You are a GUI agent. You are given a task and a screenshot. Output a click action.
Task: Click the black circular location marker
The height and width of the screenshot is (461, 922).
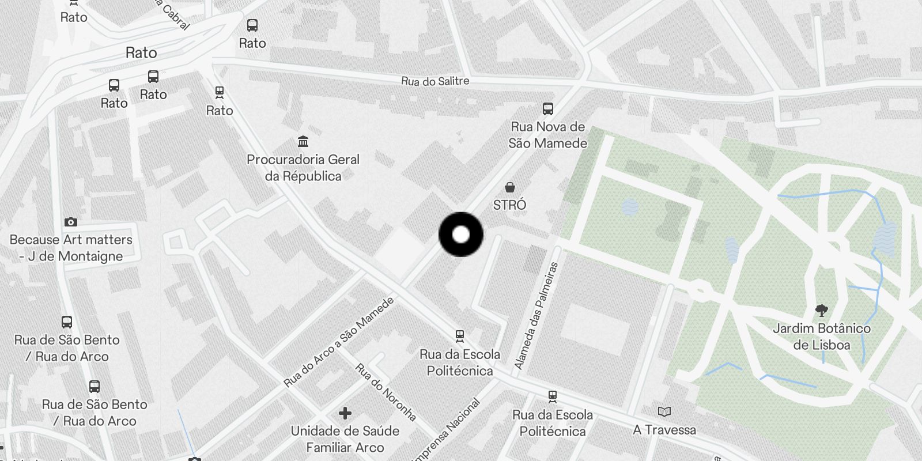(x=460, y=235)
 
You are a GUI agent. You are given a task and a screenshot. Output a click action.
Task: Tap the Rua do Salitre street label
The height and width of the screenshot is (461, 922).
(x=435, y=81)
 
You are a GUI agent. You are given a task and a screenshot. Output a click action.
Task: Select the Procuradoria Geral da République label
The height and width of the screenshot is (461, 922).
(x=303, y=168)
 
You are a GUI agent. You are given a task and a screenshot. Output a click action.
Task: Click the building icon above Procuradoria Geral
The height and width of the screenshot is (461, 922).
(x=303, y=141)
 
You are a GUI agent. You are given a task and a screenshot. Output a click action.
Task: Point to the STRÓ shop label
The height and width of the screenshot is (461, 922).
(x=509, y=205)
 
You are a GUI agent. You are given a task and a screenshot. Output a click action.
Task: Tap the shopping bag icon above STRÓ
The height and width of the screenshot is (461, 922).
(x=509, y=187)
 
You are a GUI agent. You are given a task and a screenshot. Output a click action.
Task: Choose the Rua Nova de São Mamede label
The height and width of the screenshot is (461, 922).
(x=547, y=135)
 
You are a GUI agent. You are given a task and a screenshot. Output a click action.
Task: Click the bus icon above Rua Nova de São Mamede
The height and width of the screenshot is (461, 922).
(x=547, y=108)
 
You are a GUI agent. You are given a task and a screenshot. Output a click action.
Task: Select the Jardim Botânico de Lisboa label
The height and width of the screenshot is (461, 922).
(x=821, y=337)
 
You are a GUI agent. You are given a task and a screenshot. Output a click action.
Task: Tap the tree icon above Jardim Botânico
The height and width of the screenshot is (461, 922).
(x=822, y=311)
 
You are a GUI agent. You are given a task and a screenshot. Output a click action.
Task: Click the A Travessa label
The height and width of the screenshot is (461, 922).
(x=664, y=430)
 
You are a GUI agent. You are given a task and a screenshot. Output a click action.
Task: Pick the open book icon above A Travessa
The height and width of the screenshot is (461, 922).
(x=664, y=411)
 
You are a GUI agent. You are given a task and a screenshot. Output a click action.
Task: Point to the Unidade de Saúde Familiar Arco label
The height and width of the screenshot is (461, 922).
(x=345, y=439)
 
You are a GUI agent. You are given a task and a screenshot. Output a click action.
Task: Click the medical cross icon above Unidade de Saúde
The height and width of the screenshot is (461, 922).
(x=345, y=413)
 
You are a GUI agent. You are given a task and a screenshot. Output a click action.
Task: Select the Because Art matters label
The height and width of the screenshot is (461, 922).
(x=71, y=248)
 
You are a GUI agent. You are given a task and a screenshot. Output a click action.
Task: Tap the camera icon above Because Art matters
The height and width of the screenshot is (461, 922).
(x=70, y=222)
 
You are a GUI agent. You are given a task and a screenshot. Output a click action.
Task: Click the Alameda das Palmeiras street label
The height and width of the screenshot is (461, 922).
(x=536, y=316)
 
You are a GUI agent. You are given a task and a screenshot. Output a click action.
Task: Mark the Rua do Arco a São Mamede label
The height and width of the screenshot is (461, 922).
(x=339, y=342)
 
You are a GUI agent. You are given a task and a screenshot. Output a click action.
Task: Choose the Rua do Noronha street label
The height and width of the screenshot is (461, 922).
(x=385, y=392)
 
